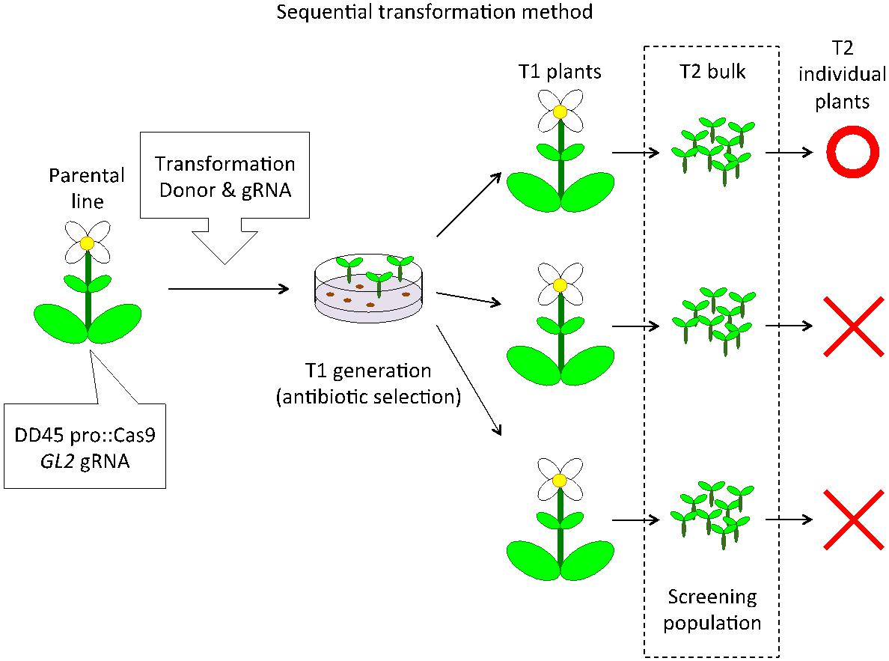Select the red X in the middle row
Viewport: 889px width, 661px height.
tap(852, 326)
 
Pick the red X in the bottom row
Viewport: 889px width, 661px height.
tap(852, 519)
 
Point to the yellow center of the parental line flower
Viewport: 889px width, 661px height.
tap(88, 243)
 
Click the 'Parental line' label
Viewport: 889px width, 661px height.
tap(86, 187)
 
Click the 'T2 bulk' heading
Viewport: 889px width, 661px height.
tap(710, 72)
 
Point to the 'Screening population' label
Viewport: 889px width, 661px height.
tap(712, 609)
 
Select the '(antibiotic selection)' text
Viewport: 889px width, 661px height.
tap(367, 396)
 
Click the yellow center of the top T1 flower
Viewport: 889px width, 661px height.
tap(560, 112)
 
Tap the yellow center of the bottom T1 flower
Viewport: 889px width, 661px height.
tap(559, 479)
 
